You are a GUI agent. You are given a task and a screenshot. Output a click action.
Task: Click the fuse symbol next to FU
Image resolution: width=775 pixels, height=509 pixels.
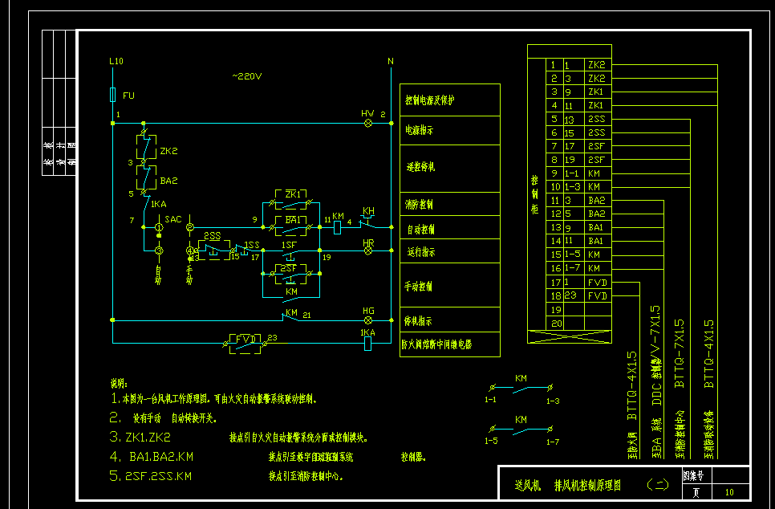click(x=112, y=96)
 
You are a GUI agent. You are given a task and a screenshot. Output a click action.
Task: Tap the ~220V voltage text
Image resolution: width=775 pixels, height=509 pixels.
click(x=247, y=76)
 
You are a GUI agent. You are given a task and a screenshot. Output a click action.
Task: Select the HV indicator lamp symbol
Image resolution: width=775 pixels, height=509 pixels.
click(x=368, y=124)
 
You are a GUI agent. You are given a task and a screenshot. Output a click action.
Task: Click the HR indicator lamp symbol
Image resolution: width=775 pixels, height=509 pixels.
click(x=368, y=250)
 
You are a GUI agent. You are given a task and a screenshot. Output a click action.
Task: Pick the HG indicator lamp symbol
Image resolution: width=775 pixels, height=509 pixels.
click(x=368, y=320)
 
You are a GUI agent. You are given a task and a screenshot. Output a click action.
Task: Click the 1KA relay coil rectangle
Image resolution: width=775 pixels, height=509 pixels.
click(x=368, y=344)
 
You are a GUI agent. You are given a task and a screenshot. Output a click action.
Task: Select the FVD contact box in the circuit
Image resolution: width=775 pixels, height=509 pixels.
click(x=243, y=340)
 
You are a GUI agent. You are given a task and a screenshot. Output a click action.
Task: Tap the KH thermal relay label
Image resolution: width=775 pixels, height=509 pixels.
click(x=368, y=211)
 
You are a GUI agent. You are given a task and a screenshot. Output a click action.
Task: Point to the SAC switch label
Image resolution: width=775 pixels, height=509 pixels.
click(x=173, y=218)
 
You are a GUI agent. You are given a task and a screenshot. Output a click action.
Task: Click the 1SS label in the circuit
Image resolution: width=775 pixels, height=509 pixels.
click(x=252, y=245)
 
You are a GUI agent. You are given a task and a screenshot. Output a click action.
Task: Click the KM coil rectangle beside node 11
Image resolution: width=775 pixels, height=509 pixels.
click(x=338, y=228)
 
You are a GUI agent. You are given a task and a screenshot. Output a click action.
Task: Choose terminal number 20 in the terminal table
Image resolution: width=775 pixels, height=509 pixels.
click(x=554, y=323)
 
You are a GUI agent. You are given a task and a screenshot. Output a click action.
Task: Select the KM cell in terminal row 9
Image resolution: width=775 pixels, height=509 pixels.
click(x=594, y=173)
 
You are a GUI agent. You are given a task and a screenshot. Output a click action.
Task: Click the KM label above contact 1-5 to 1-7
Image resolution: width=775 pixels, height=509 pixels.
click(x=521, y=420)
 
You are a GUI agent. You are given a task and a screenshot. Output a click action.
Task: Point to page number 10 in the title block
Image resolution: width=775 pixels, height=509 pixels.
click(x=728, y=491)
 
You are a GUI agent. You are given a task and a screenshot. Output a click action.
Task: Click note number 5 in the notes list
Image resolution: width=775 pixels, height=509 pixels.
click(x=114, y=475)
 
